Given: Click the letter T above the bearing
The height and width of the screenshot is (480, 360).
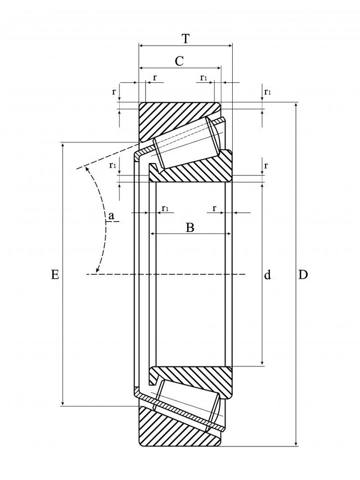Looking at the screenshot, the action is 185,39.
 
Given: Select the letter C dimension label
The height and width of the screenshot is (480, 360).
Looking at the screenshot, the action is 179,61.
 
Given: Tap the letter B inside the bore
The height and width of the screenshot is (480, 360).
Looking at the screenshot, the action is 190,228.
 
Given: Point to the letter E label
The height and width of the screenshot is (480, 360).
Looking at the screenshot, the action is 55,275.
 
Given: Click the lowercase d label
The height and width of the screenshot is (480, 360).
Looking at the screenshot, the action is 268,275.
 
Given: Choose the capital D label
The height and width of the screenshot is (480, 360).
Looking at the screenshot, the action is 303,275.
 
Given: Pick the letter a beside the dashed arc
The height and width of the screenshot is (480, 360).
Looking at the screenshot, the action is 111,216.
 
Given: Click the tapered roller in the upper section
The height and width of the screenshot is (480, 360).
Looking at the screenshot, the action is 186,142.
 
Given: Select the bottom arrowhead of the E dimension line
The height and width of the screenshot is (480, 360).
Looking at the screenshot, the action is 63,403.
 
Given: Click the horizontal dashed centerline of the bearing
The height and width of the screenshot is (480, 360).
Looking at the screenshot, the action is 166,274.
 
